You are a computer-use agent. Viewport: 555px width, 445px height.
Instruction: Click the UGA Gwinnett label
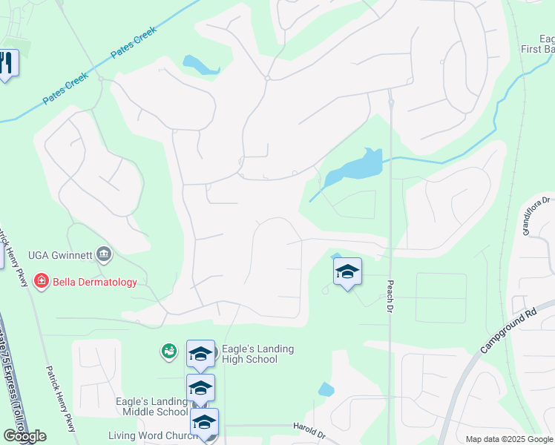pos(59,255)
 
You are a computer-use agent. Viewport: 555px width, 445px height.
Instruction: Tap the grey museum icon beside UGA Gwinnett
pos(103,256)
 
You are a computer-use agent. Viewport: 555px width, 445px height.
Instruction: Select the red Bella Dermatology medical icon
pos(41,282)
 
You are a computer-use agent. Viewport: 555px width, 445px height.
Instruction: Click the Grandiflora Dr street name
pos(538,216)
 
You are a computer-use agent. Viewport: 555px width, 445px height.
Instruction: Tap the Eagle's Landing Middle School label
pos(151,406)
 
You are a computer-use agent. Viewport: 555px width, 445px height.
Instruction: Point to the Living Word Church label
pos(153,436)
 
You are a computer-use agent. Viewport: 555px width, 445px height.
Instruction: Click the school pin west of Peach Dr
pos(347,272)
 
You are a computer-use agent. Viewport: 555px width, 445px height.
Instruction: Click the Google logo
pos(24,436)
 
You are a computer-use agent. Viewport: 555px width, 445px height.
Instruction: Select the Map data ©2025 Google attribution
pos(509,439)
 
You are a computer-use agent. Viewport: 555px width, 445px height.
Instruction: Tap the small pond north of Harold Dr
pos(326,389)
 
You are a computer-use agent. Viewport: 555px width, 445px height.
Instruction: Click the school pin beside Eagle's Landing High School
pos(200,355)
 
